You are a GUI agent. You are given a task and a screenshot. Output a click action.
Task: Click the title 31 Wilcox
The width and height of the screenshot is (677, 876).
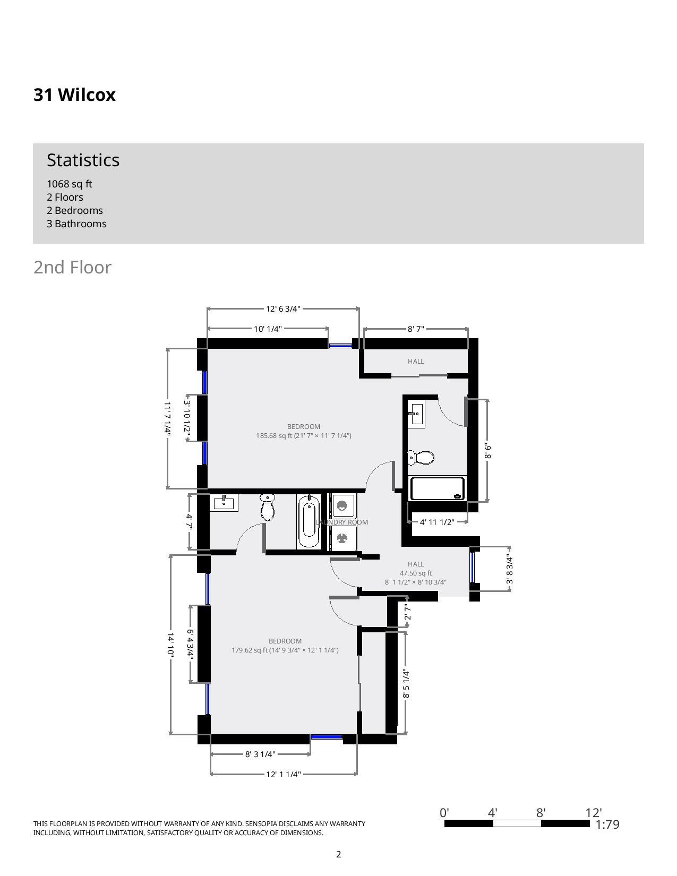(74, 95)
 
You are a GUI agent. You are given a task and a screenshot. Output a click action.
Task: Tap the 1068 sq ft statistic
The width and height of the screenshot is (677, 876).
(69, 184)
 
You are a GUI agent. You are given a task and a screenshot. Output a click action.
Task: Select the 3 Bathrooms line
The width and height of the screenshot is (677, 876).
(76, 224)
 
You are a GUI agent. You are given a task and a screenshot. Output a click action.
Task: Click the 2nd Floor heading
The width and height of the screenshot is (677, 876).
(72, 267)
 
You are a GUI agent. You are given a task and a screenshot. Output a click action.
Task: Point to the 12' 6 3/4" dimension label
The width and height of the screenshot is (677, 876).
(283, 308)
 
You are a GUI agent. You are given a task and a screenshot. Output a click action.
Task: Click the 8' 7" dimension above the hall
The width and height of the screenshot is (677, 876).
(416, 329)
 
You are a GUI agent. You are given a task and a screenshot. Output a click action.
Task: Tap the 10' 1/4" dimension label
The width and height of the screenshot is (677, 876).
(268, 329)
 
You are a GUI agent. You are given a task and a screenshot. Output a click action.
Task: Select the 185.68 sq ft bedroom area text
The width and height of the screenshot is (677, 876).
(303, 436)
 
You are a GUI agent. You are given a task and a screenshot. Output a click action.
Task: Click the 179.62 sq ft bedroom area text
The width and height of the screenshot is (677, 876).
(285, 650)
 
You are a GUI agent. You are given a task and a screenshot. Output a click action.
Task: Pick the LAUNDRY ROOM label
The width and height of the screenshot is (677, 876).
(342, 522)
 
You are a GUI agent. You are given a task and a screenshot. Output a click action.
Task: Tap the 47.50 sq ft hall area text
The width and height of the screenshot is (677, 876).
(416, 573)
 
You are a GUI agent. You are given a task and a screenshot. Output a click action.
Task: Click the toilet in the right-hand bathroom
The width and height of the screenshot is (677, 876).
(421, 457)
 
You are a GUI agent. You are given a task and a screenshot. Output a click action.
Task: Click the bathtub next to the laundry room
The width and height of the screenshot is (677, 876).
(308, 521)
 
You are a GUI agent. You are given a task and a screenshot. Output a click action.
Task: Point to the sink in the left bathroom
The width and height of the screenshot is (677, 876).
(224, 502)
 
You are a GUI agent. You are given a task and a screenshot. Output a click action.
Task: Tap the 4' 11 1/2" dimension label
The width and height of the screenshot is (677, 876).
(437, 522)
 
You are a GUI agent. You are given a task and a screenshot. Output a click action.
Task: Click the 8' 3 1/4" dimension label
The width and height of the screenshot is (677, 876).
(260, 754)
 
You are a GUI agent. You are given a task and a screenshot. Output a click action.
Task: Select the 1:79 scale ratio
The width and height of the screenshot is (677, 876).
(607, 825)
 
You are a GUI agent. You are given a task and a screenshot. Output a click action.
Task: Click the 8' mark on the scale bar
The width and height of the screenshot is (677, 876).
(541, 813)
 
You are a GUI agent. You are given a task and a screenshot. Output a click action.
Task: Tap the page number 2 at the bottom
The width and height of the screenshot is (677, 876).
(338, 854)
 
